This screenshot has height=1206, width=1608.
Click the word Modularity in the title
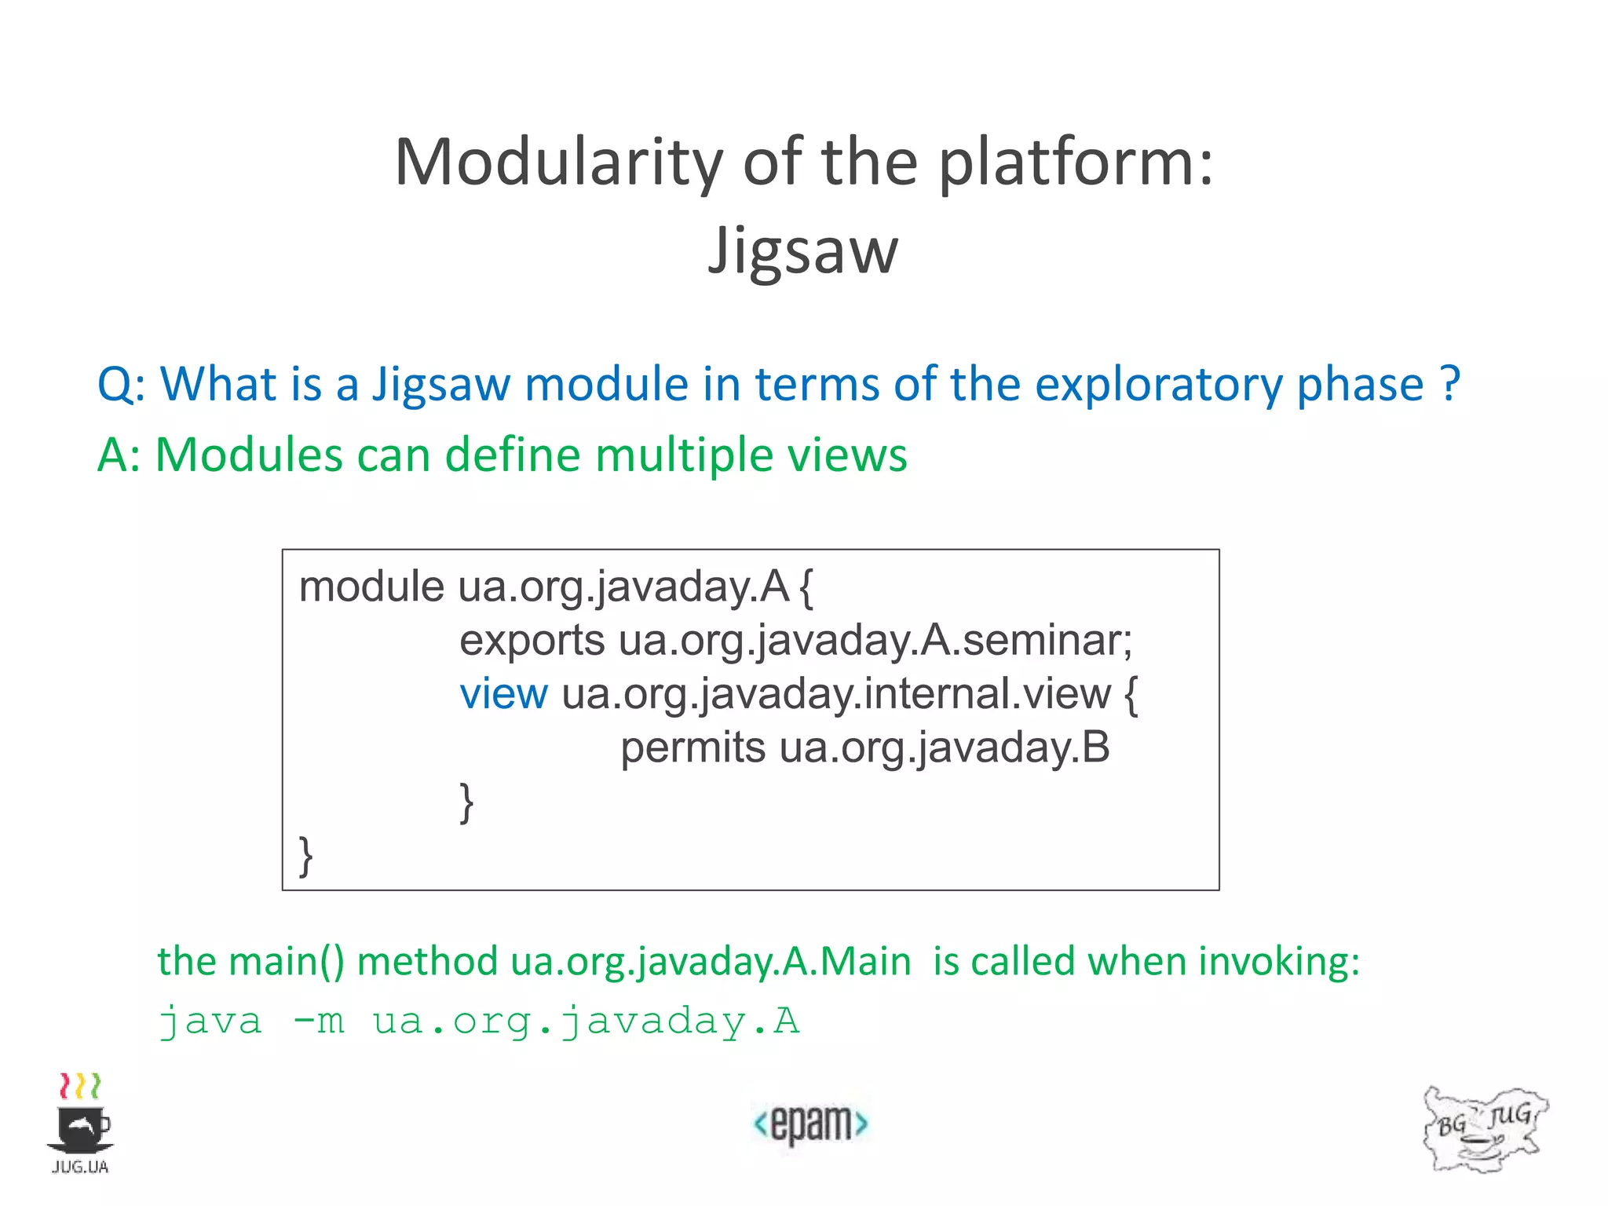coord(558,163)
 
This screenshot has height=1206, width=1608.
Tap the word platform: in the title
coord(1076,163)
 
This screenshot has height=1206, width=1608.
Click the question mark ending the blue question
coord(1450,385)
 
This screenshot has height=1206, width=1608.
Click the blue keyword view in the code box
coord(503,694)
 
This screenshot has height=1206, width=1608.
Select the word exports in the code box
coord(532,641)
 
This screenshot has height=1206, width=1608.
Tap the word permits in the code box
coord(693,747)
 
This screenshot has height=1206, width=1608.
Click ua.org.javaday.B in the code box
coord(945,747)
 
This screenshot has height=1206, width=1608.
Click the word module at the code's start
coord(371,587)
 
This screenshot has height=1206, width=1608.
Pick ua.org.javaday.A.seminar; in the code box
coord(875,641)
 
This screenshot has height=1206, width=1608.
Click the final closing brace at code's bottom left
coord(306,856)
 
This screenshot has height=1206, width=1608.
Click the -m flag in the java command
coord(318,1021)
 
